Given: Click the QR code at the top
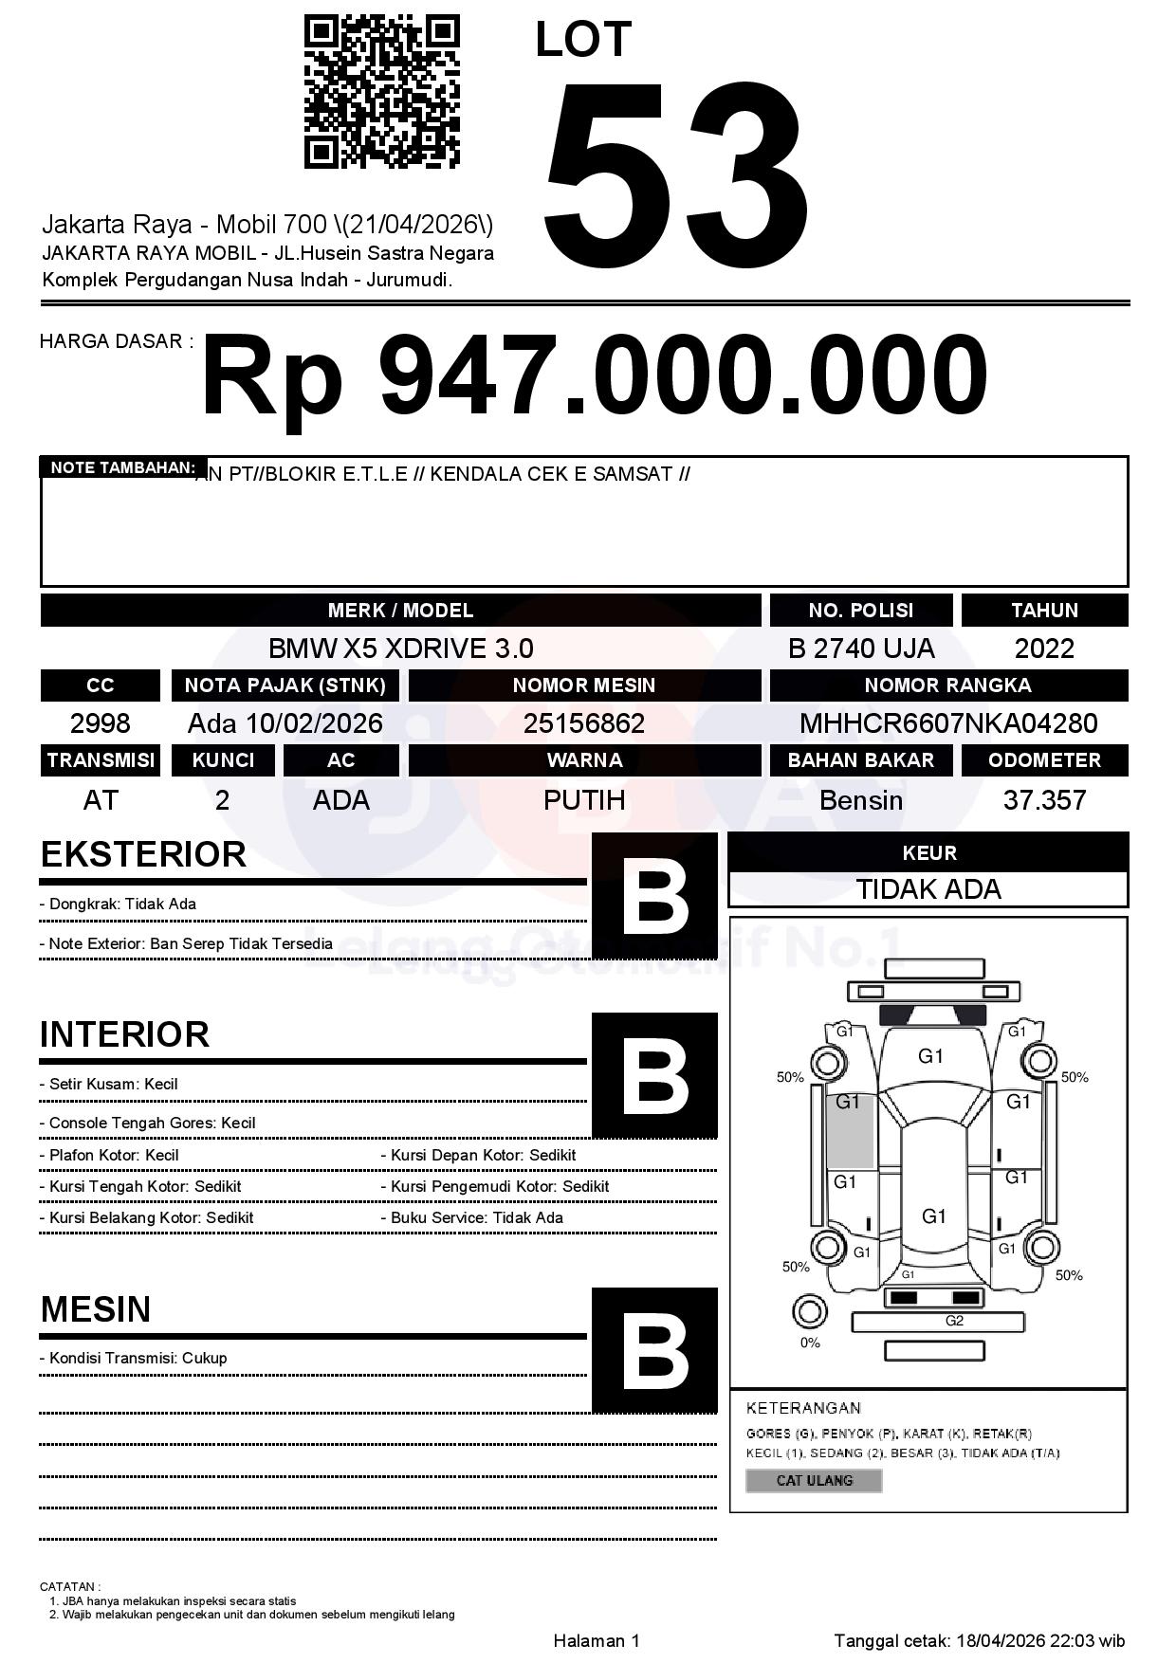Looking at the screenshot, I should [x=381, y=92].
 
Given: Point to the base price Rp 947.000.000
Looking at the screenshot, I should [x=594, y=376].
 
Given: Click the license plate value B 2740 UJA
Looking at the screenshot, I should [x=860, y=649].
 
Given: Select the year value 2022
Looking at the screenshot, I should [x=1044, y=649].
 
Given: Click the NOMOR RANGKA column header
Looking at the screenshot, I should [x=947, y=685].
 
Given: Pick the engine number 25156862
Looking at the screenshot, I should [x=584, y=723].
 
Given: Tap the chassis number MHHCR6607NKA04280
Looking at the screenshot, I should [x=947, y=723].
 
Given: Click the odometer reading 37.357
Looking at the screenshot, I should [x=1044, y=800].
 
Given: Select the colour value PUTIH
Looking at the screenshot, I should [x=584, y=800].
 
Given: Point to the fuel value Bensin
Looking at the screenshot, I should [x=860, y=800].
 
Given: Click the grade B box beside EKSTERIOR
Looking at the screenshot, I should [x=654, y=895].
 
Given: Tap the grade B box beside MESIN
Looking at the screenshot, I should [x=654, y=1349].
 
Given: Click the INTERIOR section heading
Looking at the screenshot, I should [x=124, y=1034].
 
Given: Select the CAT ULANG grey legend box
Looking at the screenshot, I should [x=814, y=1480].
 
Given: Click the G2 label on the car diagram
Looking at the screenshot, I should [x=954, y=1321].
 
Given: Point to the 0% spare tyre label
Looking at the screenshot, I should [x=810, y=1343].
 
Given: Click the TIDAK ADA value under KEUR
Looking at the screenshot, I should [x=928, y=889].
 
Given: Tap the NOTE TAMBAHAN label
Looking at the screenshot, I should [x=122, y=467].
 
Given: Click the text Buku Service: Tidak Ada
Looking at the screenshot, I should [x=477, y=1217].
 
